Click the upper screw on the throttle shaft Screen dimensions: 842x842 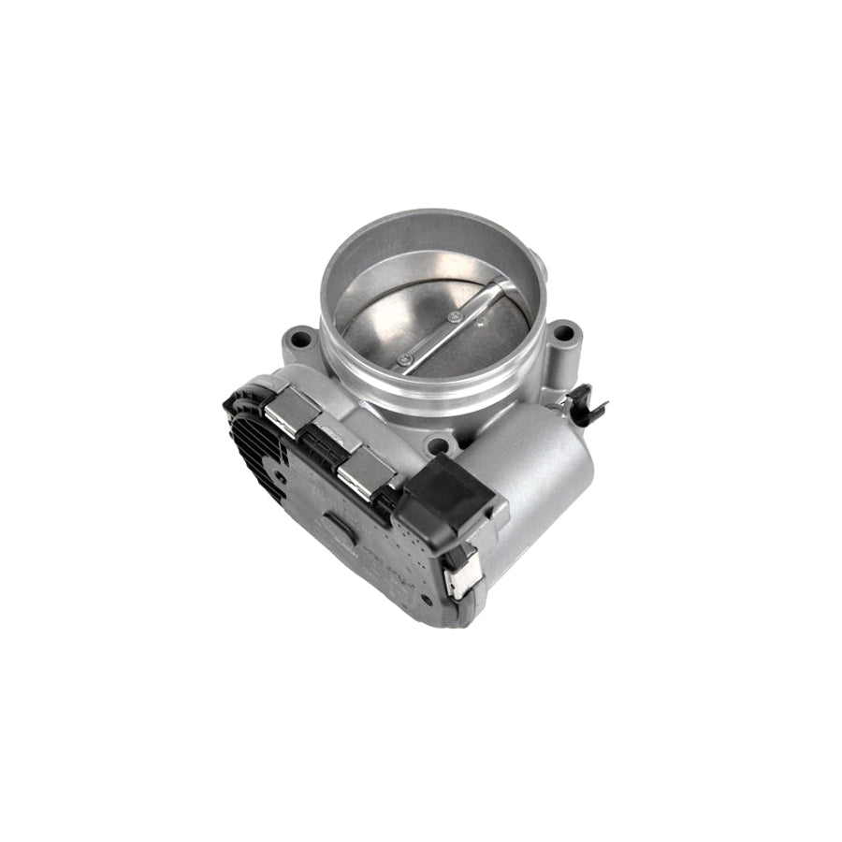pos(455,317)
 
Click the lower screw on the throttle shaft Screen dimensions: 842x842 pos(404,359)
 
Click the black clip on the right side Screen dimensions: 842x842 pos(588,405)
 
